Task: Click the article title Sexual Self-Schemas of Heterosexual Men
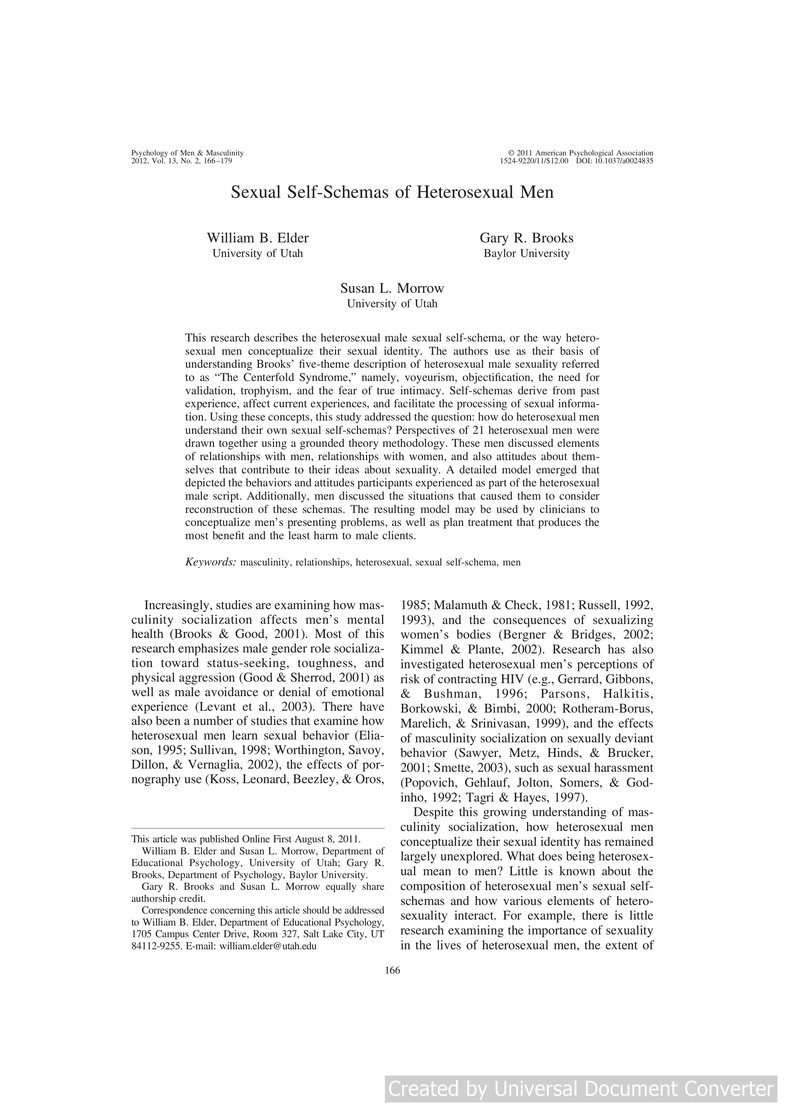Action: [392, 192]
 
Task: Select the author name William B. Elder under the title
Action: [257, 238]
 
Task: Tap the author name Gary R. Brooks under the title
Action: [526, 238]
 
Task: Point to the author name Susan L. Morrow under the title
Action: [392, 288]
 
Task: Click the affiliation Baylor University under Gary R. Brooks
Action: [526, 253]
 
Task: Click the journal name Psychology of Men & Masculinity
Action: [188, 153]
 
